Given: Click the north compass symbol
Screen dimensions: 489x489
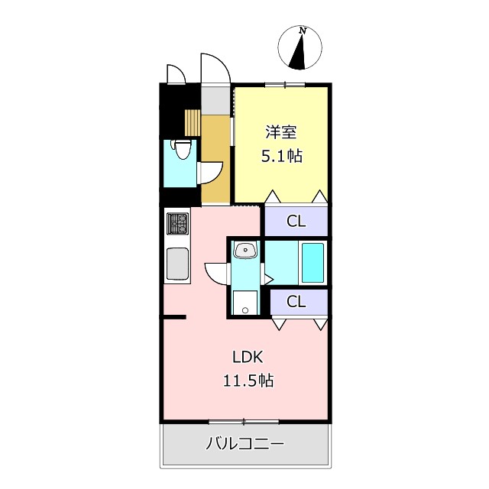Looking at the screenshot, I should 303,47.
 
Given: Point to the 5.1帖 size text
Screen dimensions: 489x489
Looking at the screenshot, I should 281,157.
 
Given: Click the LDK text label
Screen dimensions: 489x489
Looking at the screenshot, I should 248,357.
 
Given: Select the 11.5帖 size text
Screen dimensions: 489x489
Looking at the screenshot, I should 248,380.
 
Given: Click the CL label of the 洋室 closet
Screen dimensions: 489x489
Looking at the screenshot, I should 296,222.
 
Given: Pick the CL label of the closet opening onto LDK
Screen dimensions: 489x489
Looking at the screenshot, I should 296,302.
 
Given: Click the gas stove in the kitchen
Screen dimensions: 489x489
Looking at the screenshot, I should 177,224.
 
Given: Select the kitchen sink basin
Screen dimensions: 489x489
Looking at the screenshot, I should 177,264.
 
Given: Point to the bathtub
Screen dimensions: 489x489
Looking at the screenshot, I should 313,262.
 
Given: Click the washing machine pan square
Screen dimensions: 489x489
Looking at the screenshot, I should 245,302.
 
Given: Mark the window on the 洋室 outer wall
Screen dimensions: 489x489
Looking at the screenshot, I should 285,84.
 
